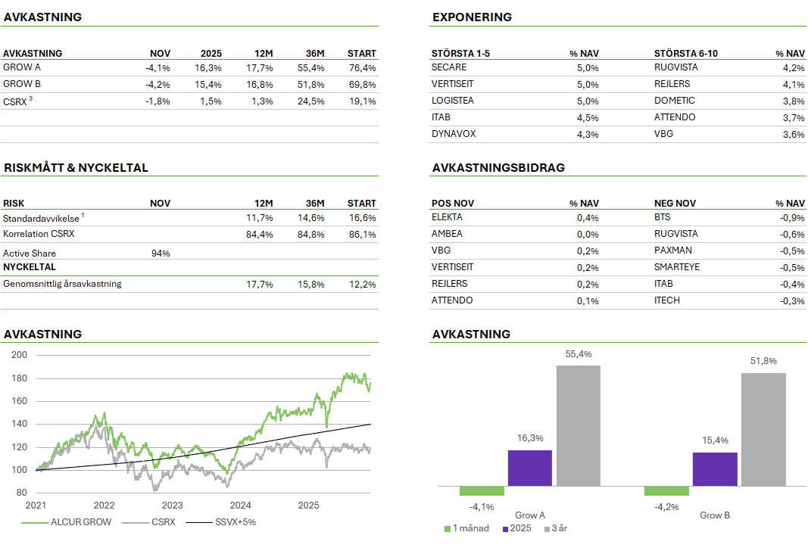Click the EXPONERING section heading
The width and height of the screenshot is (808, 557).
click(472, 17)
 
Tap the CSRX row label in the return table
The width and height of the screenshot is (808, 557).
click(16, 101)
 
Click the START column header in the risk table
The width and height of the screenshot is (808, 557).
click(361, 203)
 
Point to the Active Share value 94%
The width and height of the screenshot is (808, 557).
click(161, 254)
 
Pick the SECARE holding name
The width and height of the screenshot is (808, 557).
click(448, 67)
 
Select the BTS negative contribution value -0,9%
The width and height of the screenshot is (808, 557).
click(793, 218)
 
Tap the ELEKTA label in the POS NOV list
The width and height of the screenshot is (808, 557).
click(447, 217)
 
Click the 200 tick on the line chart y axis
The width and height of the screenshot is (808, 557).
click(20, 355)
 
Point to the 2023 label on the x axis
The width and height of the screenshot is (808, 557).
click(172, 506)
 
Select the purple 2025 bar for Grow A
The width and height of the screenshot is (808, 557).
click(529, 468)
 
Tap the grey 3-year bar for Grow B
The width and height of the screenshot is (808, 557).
click(763, 428)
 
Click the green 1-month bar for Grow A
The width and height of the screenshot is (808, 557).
click(482, 491)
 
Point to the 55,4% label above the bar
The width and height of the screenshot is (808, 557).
click(578, 353)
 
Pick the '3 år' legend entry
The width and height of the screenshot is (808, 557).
click(560, 528)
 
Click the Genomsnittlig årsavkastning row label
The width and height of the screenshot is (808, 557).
click(62, 284)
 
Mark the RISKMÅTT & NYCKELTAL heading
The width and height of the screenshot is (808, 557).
click(76, 168)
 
